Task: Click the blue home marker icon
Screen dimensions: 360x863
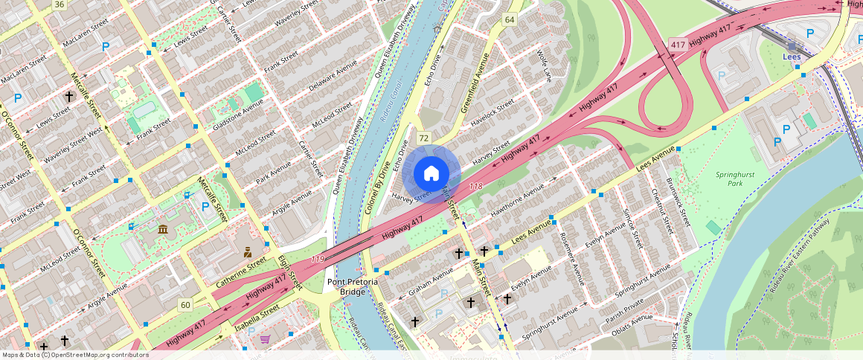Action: coord(431,174)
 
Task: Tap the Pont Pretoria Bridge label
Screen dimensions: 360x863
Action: coord(353,287)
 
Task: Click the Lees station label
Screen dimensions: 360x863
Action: coord(792,56)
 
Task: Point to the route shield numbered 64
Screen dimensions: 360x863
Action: coord(510,19)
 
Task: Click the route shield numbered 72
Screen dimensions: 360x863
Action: coord(424,138)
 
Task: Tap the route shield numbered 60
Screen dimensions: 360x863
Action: coord(185,304)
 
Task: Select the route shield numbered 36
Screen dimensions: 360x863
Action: coord(60,4)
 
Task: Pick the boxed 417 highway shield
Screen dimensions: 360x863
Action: coord(676,45)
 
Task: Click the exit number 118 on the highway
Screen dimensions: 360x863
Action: coord(477,185)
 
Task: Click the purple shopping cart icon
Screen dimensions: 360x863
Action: coord(265,340)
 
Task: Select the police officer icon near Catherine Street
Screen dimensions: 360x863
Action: coord(248,253)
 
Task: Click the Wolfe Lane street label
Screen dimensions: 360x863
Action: coord(545,66)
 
